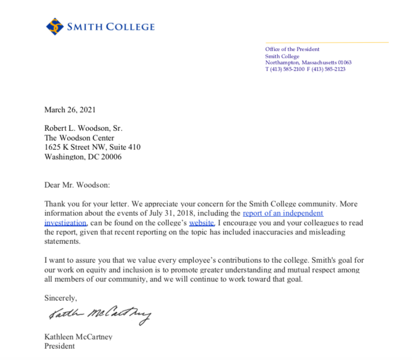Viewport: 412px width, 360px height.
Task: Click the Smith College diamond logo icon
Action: [55, 26]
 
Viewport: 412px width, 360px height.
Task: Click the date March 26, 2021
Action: [70, 109]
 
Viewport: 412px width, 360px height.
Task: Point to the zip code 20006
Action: [111, 157]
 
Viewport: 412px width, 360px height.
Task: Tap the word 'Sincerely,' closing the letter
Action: [60, 297]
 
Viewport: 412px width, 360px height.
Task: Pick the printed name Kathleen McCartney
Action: [78, 336]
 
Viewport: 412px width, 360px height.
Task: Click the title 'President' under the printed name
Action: [60, 346]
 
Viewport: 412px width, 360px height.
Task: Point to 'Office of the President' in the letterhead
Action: [292, 49]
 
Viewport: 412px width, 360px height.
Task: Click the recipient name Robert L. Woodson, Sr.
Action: [83, 128]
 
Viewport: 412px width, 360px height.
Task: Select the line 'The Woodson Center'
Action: [79, 138]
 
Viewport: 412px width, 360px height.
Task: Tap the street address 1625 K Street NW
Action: [77, 147]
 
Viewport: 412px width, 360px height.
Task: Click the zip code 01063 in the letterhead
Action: [344, 62]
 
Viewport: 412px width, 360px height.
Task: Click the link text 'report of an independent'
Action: [283, 213]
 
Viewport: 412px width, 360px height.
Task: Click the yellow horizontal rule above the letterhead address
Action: [327, 42]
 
